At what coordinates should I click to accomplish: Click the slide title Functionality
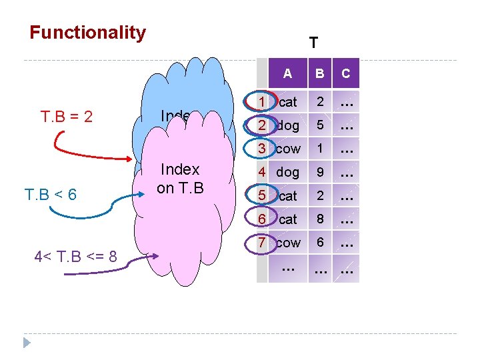pyautogui.click(x=87, y=33)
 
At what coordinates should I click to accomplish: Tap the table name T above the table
pyautogui.click(x=313, y=43)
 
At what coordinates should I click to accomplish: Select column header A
pyautogui.click(x=287, y=74)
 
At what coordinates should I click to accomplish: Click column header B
pyautogui.click(x=320, y=74)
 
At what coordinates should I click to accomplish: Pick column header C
pyautogui.click(x=346, y=74)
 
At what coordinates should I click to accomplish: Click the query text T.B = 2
pyautogui.click(x=67, y=117)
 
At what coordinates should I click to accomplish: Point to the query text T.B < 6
pyautogui.click(x=51, y=195)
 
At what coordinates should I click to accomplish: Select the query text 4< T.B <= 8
pyautogui.click(x=74, y=256)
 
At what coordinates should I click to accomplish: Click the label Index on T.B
pyautogui.click(x=180, y=179)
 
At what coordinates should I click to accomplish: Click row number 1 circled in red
pyautogui.click(x=263, y=102)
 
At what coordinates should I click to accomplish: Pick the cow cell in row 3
pyautogui.click(x=288, y=149)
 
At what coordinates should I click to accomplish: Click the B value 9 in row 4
pyautogui.click(x=320, y=172)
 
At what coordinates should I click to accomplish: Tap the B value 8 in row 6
pyautogui.click(x=320, y=219)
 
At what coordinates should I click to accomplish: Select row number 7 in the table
pyautogui.click(x=263, y=243)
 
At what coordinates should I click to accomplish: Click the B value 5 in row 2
pyautogui.click(x=320, y=125)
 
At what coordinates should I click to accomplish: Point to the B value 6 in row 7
pyautogui.click(x=320, y=243)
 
